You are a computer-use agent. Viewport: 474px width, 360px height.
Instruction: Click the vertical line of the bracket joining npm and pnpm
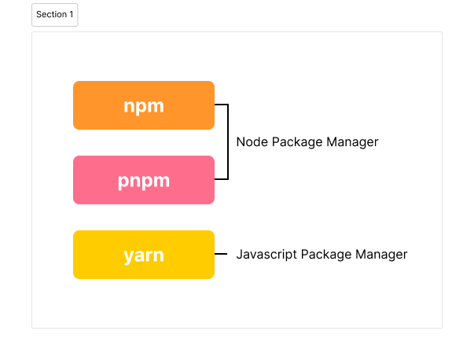[228, 142]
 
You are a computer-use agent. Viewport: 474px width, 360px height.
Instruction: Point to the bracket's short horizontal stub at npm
[221, 105]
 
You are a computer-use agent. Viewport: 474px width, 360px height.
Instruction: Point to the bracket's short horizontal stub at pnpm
[221, 179]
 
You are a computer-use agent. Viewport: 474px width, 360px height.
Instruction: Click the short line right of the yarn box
[221, 255]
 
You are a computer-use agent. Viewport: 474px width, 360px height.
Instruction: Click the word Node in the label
[251, 142]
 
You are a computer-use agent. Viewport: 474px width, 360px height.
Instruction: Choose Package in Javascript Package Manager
[325, 255]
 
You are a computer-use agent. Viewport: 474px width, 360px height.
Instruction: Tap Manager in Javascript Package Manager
[381, 255]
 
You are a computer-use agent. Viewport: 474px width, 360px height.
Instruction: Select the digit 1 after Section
[72, 15]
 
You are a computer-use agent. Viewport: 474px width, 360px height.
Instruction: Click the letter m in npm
[156, 106]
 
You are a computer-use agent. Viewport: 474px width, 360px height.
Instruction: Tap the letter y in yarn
[128, 256]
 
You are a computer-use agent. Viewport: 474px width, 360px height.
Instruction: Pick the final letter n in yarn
[159, 255]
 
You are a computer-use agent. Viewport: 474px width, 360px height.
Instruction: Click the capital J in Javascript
[239, 255]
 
